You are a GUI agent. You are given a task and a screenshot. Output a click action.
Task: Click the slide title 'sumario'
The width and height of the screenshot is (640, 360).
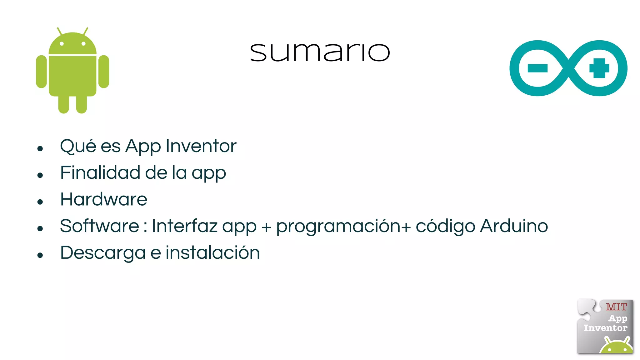pyautogui.click(x=320, y=52)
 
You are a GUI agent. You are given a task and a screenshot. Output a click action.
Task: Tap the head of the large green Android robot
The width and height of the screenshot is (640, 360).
pyautogui.click(x=72, y=44)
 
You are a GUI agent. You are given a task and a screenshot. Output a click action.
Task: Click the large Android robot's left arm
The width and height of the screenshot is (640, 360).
pyautogui.click(x=41, y=72)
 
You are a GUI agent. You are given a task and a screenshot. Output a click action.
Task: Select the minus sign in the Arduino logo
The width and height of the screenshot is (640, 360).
pyautogui.click(x=537, y=68)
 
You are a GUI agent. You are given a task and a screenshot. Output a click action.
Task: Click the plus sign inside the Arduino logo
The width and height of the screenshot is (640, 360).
pyautogui.click(x=599, y=68)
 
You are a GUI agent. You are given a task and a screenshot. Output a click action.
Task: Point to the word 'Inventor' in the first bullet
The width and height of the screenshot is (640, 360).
pyautogui.click(x=201, y=146)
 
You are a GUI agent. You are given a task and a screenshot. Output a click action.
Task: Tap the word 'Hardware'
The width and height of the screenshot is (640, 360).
pyautogui.click(x=104, y=199)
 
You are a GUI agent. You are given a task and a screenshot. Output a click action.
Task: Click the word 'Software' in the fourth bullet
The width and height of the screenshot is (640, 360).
pyautogui.click(x=99, y=226)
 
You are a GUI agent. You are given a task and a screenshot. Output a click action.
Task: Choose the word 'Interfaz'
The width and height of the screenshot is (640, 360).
pyautogui.click(x=184, y=226)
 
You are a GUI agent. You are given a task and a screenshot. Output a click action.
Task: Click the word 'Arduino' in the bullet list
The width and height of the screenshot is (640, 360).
pyautogui.click(x=514, y=226)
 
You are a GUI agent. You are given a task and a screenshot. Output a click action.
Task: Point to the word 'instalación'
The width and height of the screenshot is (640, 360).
pyautogui.click(x=212, y=253)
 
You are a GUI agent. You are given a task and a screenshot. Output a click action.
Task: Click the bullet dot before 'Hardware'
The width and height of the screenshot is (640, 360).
pyautogui.click(x=40, y=202)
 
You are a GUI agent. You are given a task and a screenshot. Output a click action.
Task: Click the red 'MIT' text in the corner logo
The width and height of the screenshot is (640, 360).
pyautogui.click(x=616, y=307)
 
